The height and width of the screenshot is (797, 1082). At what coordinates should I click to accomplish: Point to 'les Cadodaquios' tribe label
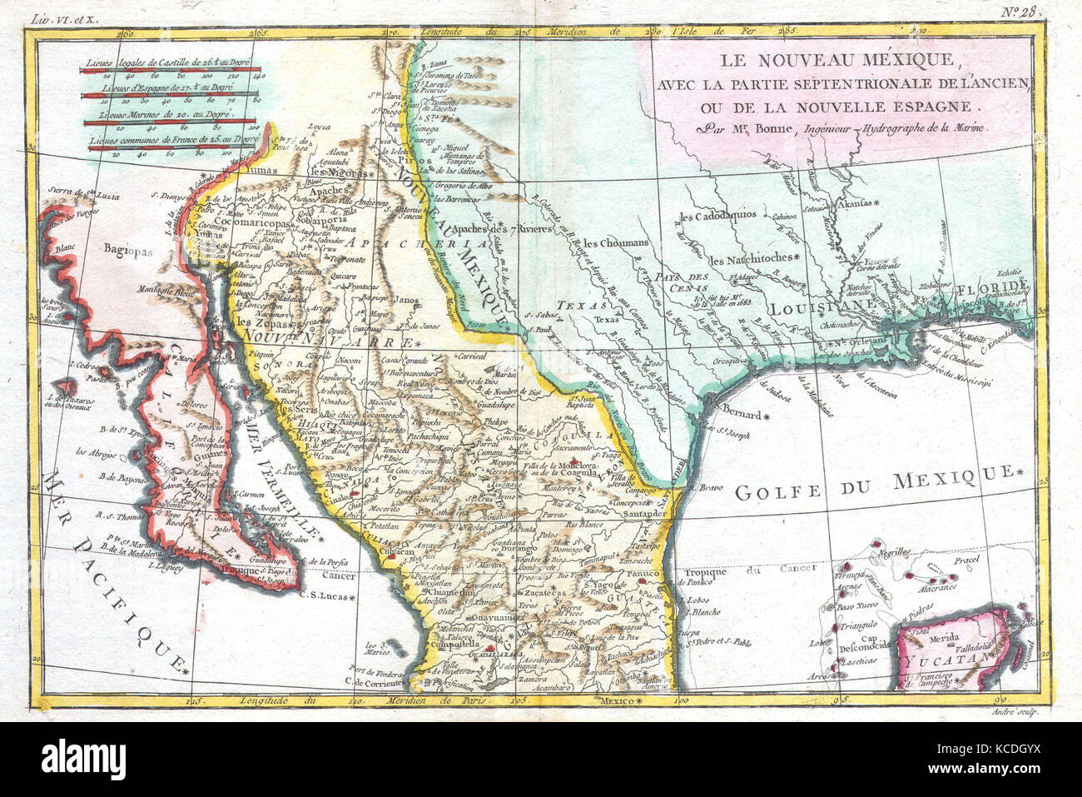click(717, 215)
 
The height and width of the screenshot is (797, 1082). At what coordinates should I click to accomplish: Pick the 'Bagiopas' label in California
click(128, 247)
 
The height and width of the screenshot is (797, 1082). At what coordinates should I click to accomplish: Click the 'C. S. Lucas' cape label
click(322, 596)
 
